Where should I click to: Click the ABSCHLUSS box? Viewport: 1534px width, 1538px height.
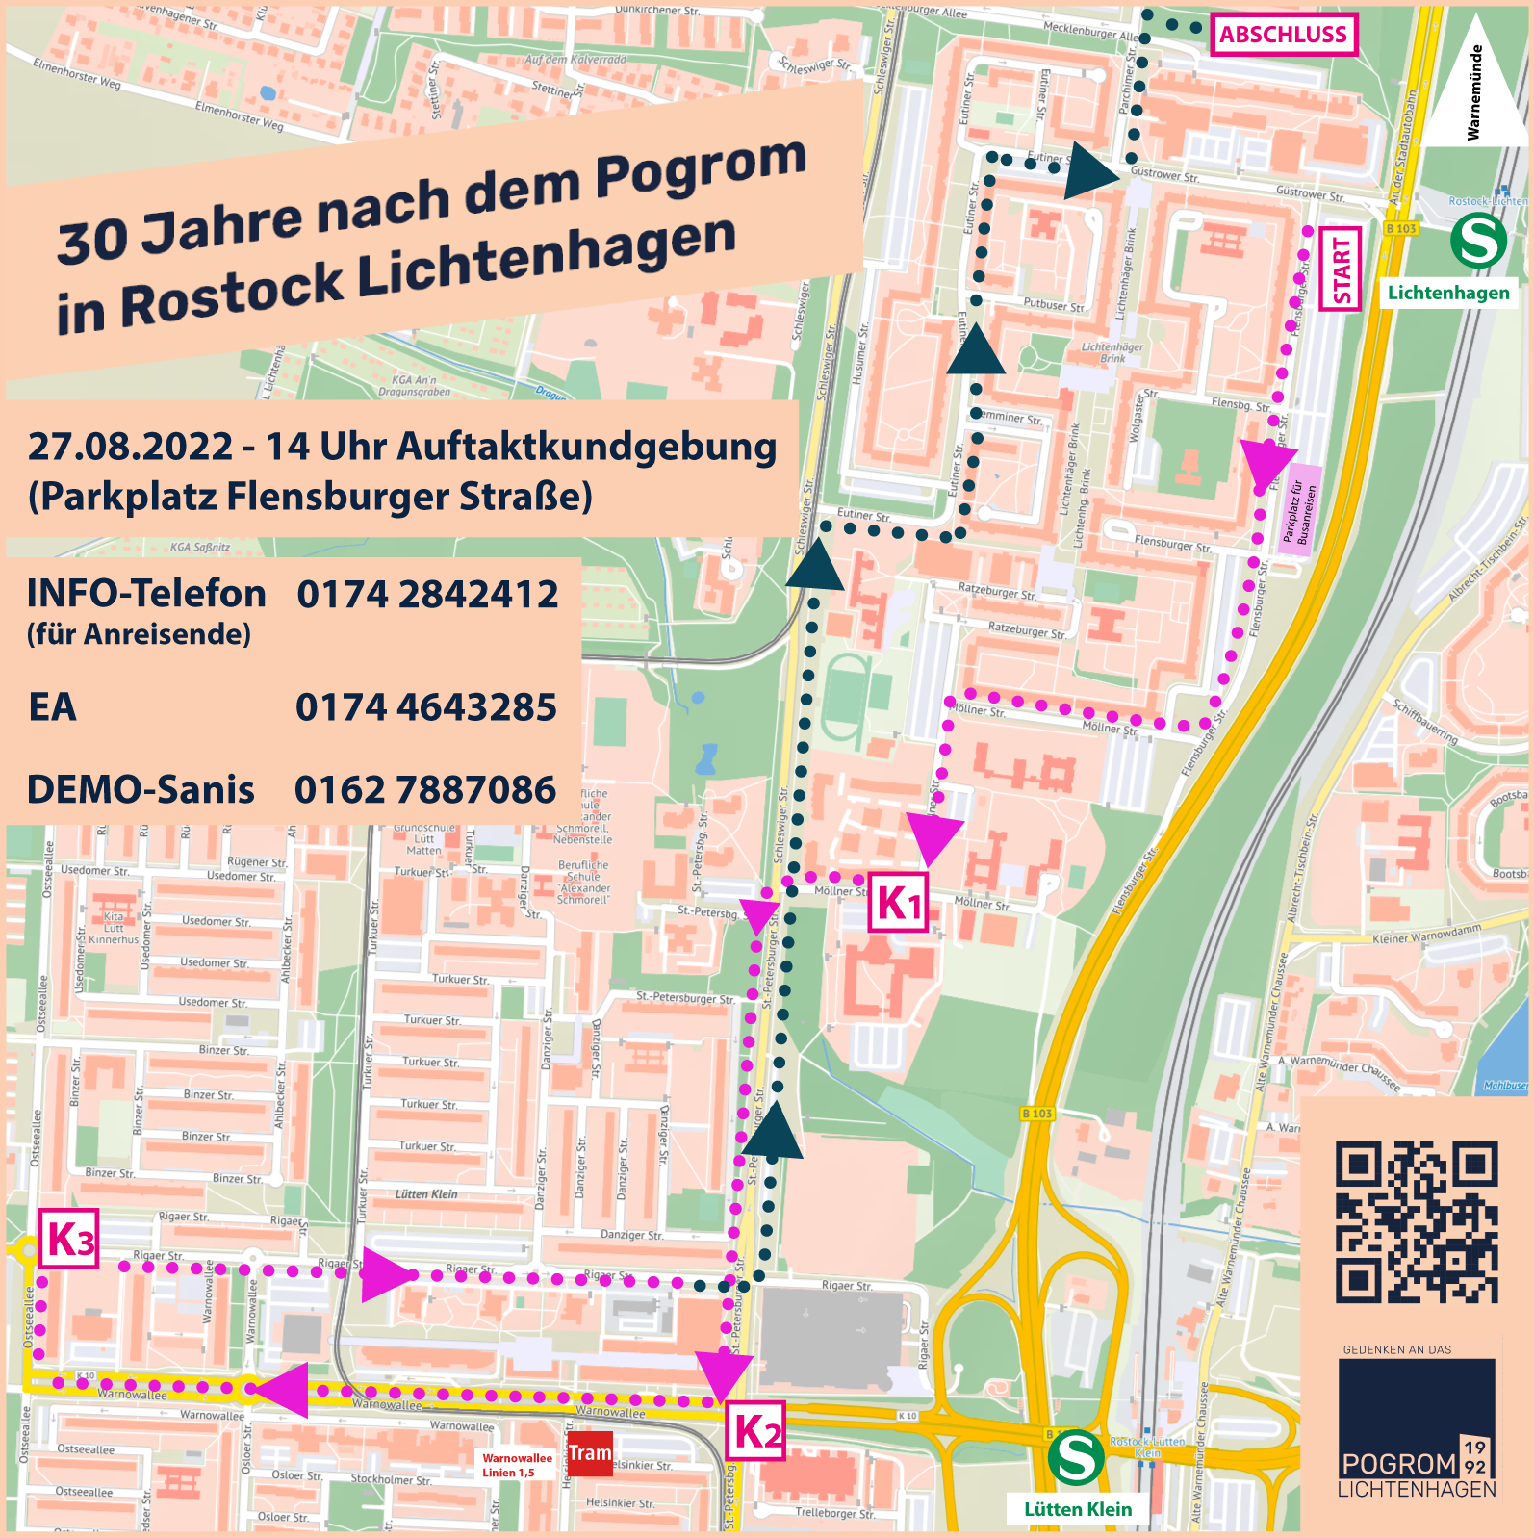1283,35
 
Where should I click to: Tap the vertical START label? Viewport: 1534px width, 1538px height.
1341,269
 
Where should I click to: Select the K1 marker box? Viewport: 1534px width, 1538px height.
899,903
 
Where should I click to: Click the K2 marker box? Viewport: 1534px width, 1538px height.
755,1431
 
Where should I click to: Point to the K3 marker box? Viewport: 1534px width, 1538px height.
69,1239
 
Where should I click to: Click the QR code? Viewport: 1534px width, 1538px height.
1417,1222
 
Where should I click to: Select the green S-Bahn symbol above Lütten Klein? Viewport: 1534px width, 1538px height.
1075,1458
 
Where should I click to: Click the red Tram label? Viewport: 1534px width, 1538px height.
590,1452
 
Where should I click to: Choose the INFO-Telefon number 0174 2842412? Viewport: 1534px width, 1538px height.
427,595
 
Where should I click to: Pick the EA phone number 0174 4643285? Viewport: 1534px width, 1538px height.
426,707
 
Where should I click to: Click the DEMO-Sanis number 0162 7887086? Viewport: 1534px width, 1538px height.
425,790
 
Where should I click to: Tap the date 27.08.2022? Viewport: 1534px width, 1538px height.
131,447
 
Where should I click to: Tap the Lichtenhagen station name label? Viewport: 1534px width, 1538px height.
1448,293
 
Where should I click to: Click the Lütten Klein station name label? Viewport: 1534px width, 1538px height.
1078,1509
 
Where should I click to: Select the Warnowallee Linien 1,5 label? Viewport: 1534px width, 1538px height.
517,1465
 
